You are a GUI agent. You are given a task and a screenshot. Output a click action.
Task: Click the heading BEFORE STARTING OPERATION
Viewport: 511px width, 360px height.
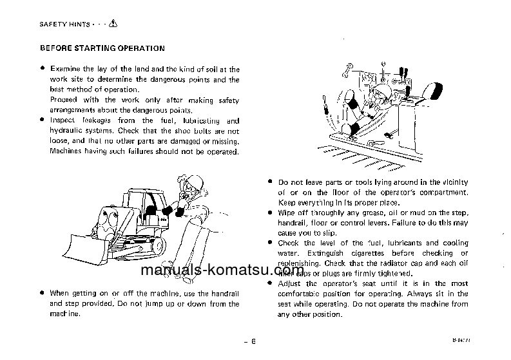point(102,48)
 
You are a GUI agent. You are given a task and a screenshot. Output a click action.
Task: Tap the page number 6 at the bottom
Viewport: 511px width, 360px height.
point(254,341)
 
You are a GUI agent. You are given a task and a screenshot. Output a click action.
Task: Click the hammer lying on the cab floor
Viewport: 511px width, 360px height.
point(389,135)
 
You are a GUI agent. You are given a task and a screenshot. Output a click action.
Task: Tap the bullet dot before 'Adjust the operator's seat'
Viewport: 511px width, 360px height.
point(271,283)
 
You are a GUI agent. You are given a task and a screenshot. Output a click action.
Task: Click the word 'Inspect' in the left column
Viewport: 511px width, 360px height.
point(63,120)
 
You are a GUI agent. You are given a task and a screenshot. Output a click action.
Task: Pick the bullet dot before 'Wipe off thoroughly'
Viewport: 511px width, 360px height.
point(271,212)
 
